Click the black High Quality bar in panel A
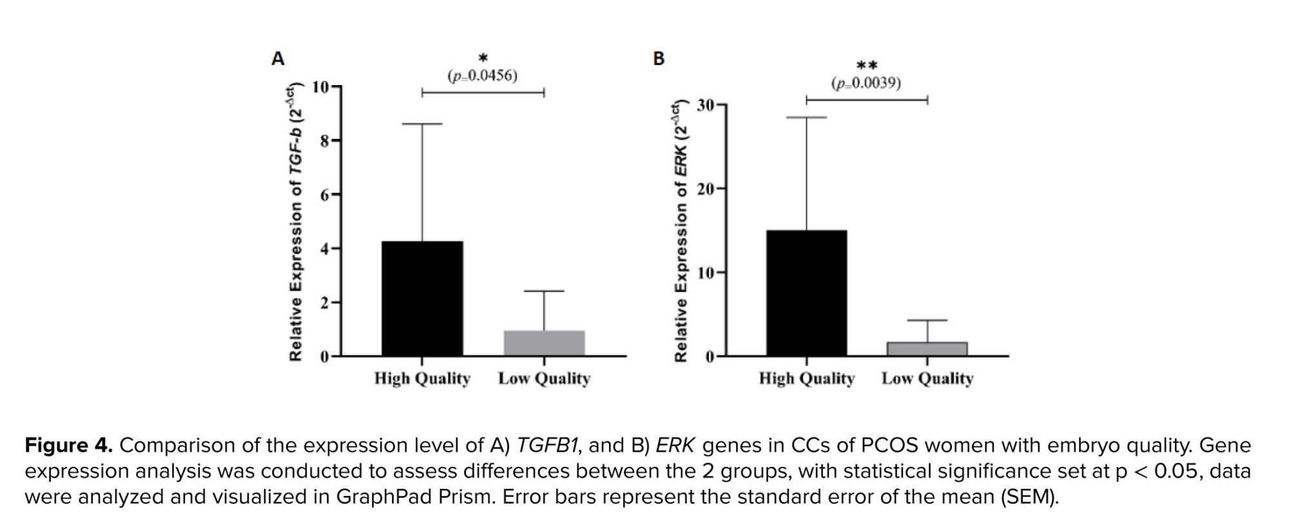(422, 298)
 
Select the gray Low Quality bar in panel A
(544, 343)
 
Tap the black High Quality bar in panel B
(806, 293)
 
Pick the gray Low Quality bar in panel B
(927, 349)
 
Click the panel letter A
(278, 59)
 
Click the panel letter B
(659, 59)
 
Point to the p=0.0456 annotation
(482, 76)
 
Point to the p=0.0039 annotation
(866, 83)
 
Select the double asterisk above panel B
(866, 66)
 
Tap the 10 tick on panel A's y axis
(320, 86)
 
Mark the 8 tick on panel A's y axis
(325, 141)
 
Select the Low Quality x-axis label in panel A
(544, 379)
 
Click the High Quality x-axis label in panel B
(806, 379)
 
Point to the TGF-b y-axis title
(296, 222)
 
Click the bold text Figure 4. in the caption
(69, 446)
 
